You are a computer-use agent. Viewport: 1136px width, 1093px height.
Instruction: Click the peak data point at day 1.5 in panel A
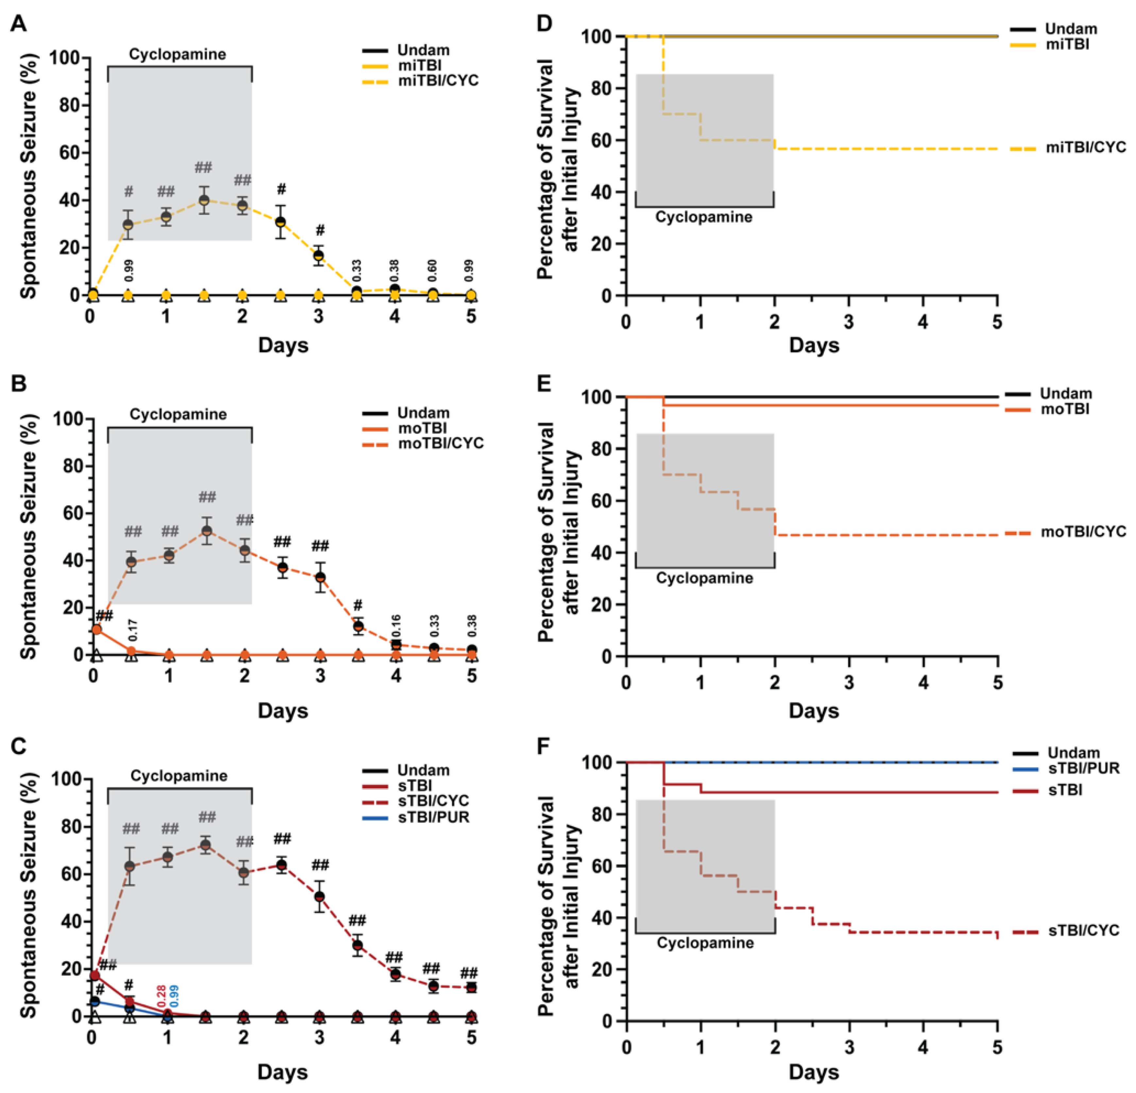[x=203, y=200]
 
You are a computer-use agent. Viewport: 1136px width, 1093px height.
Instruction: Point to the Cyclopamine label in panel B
[x=178, y=414]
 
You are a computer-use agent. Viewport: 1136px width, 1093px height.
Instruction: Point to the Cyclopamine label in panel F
[x=705, y=943]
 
